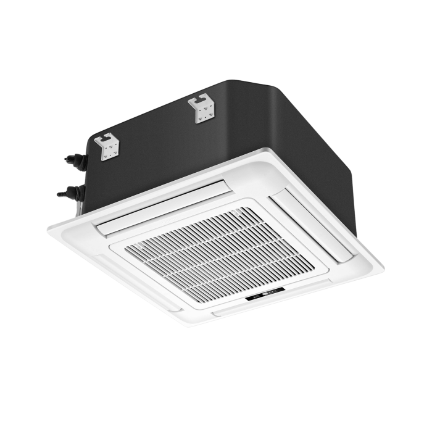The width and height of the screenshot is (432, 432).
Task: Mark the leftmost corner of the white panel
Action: click(48, 228)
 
